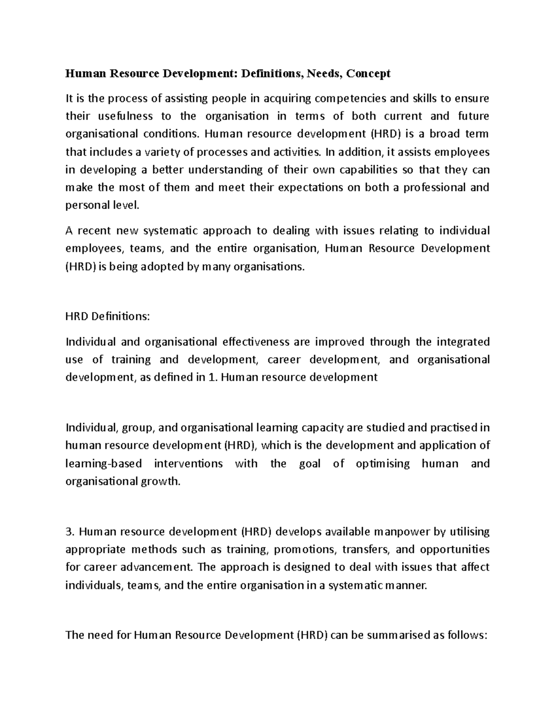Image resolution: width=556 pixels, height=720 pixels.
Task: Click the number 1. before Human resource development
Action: point(213,377)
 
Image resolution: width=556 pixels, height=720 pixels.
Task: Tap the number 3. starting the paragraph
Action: point(71,532)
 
